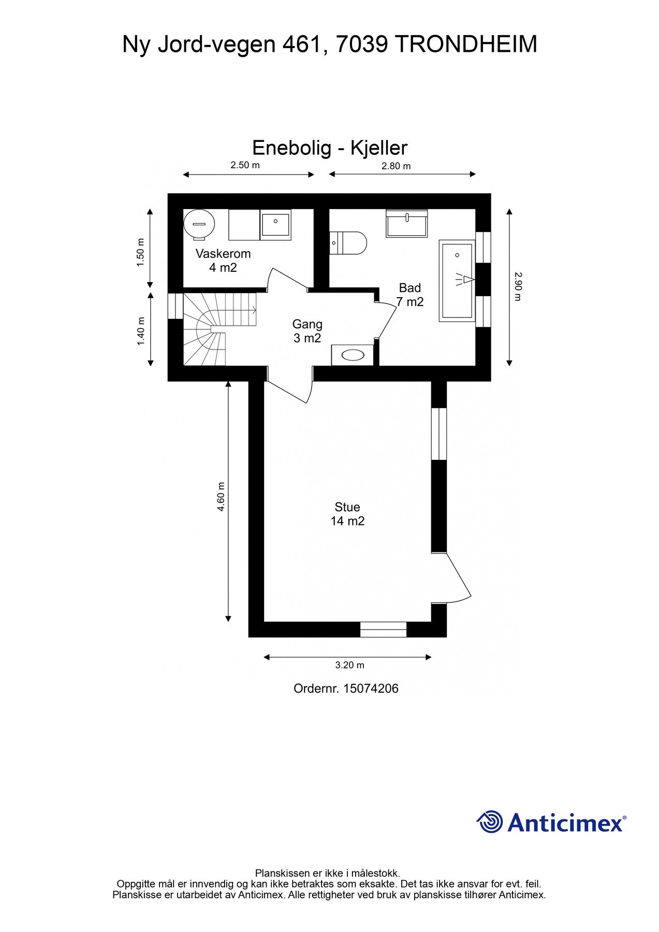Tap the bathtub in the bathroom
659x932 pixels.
(457, 281)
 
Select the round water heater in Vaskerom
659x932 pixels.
(199, 224)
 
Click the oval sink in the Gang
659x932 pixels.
(353, 355)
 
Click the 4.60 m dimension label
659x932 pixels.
(221, 497)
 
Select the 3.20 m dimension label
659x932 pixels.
(350, 665)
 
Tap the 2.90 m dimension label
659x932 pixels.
(518, 286)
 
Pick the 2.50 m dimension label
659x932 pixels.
(245, 165)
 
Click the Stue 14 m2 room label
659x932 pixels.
(347, 514)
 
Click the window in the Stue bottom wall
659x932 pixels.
(384, 630)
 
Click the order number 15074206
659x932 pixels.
(371, 689)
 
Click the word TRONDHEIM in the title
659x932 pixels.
(466, 45)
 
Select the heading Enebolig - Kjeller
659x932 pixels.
(330, 148)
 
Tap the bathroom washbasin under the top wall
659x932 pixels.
(407, 223)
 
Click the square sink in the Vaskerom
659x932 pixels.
(275, 225)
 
